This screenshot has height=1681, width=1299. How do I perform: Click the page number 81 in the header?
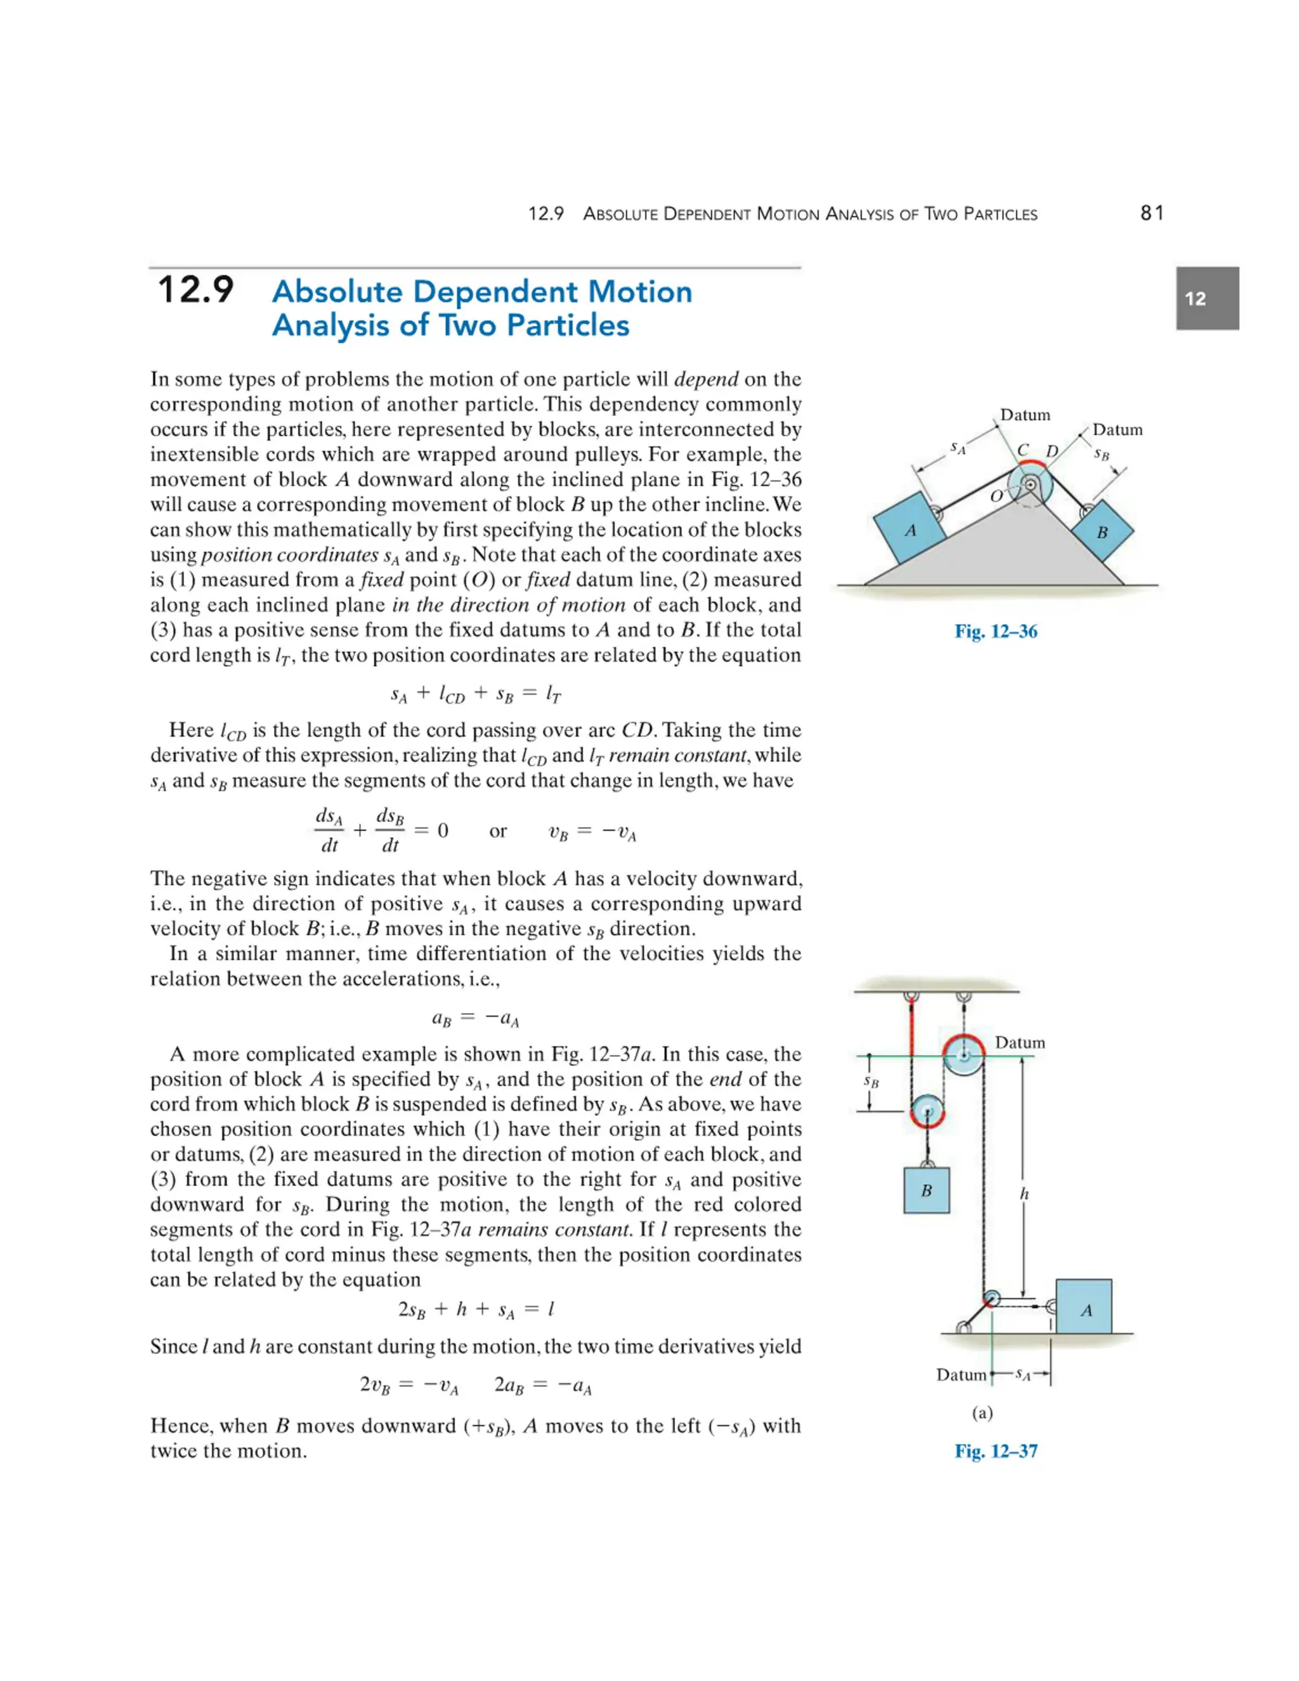(x=1151, y=213)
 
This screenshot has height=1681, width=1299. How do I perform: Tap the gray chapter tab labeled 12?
(x=1206, y=299)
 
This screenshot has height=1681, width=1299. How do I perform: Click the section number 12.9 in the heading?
(x=195, y=291)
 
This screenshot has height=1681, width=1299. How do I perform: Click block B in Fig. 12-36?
(x=1102, y=532)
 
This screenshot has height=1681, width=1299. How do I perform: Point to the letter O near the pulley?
(x=996, y=497)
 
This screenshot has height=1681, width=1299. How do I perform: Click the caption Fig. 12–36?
(x=996, y=631)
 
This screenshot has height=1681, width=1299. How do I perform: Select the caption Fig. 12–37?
(x=996, y=1451)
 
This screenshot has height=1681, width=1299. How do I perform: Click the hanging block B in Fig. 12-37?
(x=927, y=1190)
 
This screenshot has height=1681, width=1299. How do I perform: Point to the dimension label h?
(x=1024, y=1194)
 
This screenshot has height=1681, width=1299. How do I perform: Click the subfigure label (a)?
(x=982, y=1413)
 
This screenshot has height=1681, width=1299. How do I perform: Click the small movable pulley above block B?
(x=927, y=1111)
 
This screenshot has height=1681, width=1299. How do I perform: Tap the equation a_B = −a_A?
(x=476, y=1019)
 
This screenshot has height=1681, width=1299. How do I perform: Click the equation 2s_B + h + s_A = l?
(x=476, y=1309)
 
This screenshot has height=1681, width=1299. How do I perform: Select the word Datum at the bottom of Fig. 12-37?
(x=960, y=1375)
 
